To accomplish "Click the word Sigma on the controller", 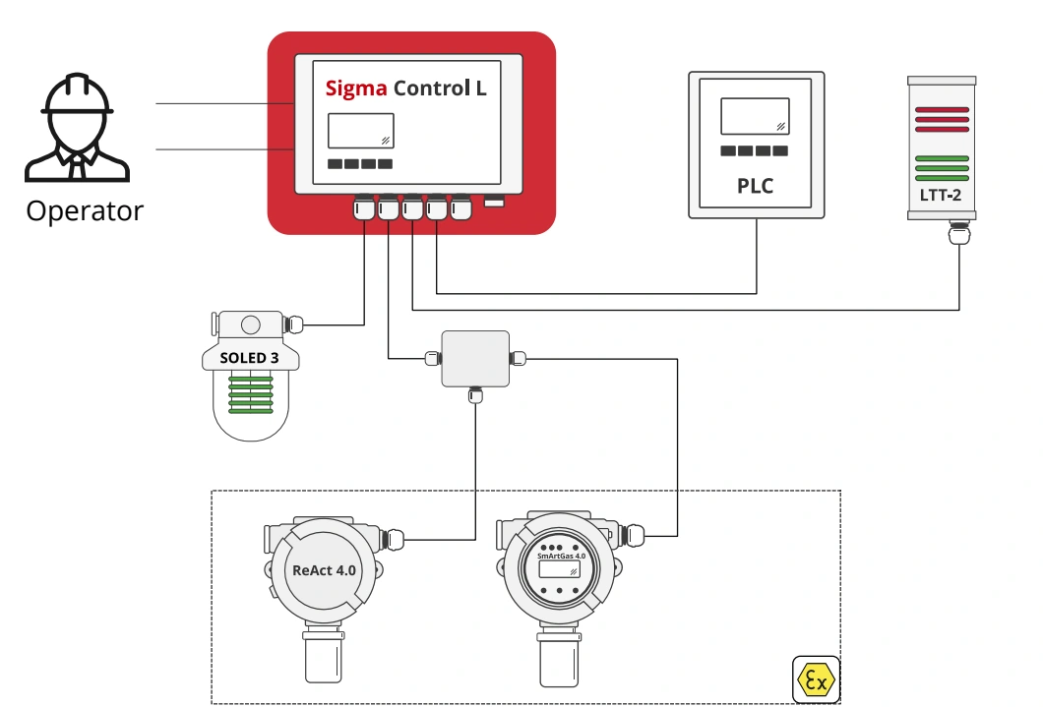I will click(356, 88).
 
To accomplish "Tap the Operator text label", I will click(85, 210).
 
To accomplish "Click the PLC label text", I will click(755, 186).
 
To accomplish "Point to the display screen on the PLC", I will click(755, 116).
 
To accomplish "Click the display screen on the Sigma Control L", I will click(360, 131).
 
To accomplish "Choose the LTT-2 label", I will click(942, 196).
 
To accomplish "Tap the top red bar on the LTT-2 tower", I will click(942, 110).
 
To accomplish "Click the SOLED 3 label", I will click(249, 358).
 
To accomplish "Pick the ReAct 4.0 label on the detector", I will click(325, 569).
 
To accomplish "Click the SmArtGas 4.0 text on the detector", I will click(561, 557).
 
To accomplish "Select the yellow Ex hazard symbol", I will click(816, 679).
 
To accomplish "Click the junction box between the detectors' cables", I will click(475, 359).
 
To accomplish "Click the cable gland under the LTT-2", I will click(958, 234).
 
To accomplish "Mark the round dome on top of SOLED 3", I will click(251, 324).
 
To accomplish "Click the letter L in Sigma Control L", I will click(481, 88).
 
